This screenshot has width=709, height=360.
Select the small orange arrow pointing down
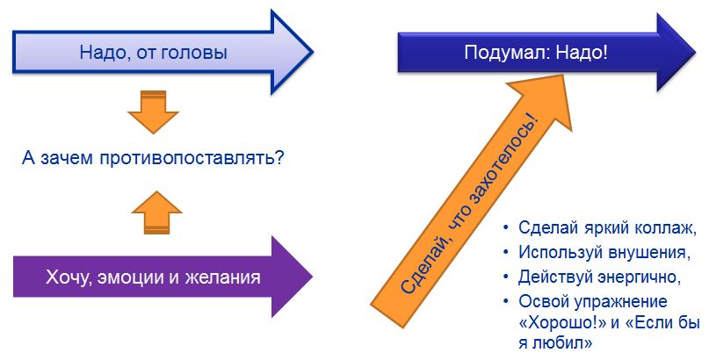tap(153, 112)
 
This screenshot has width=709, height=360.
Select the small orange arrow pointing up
tap(156, 212)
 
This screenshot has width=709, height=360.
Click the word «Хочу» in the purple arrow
tap(65, 277)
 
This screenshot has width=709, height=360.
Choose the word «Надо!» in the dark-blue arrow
tap(582, 53)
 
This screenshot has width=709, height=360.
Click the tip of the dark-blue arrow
tap(696, 52)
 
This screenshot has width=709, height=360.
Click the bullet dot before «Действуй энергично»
tap(506, 277)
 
